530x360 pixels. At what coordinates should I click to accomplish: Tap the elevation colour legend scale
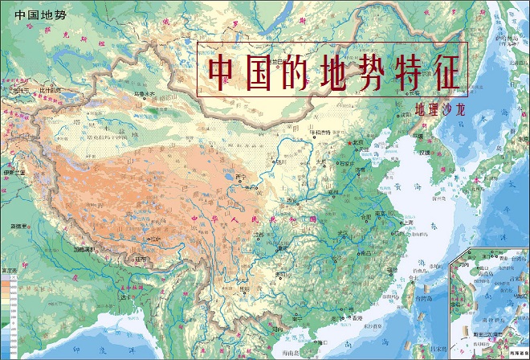(10, 313)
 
